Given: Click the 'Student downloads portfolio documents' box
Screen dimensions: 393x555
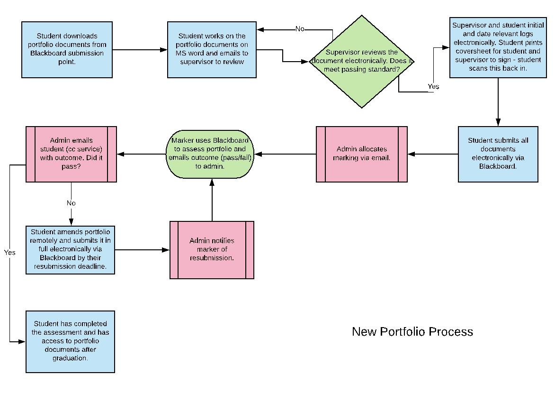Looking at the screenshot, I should (67, 49).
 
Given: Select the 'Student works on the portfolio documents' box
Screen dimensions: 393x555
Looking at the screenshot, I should (212, 49).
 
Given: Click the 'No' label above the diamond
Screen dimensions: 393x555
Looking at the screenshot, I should (300, 29).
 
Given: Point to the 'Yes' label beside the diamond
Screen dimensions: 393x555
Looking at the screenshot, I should (433, 86).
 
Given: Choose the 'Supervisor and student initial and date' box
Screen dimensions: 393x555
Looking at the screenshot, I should (498, 47).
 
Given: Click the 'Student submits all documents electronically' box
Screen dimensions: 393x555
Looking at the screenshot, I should (498, 154).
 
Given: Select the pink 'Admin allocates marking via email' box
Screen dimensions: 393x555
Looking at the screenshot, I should (362, 154).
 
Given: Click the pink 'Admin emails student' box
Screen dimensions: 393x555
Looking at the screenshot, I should (71, 154).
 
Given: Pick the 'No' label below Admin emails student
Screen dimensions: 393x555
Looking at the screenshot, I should (71, 203).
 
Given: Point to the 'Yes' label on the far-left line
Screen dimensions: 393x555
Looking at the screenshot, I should (10, 252).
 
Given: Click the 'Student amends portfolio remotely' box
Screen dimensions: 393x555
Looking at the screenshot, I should (70, 250).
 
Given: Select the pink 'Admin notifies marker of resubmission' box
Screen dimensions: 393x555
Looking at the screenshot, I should (212, 249).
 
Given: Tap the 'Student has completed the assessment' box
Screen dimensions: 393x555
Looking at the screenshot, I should (70, 341).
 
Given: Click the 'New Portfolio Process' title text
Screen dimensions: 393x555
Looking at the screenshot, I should (412, 331).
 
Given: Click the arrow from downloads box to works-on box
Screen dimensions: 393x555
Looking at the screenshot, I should (140, 49).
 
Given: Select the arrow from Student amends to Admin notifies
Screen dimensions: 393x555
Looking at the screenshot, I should (142, 250).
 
